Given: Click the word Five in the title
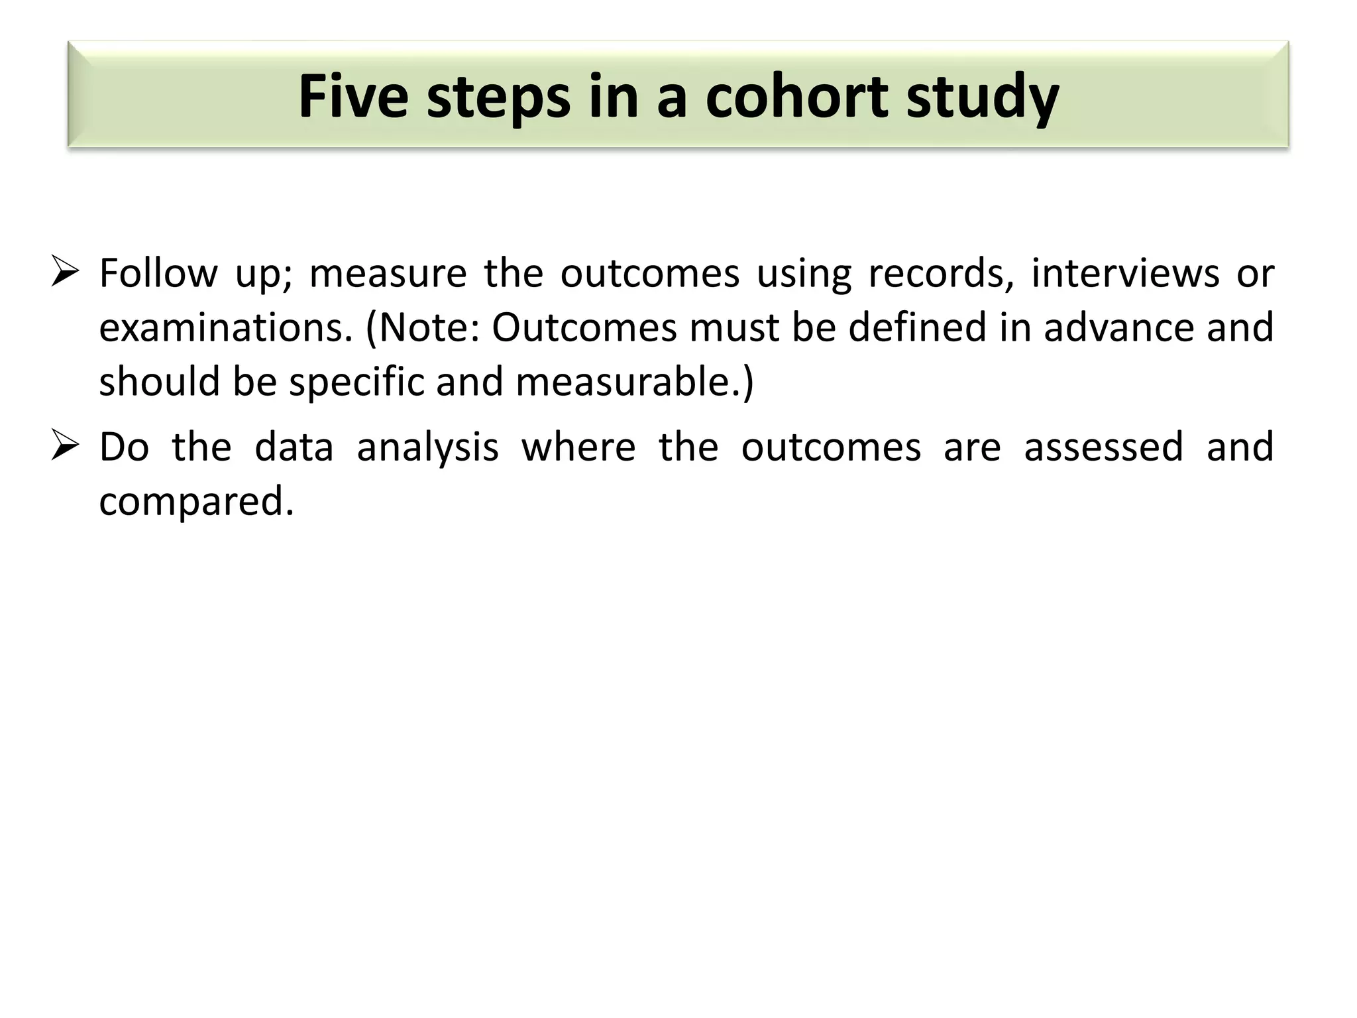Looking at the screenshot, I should tap(353, 97).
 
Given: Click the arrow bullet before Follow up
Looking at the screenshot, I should tap(65, 272).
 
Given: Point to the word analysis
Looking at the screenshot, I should tap(427, 447).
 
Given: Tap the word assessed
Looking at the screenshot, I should tap(1103, 447).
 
